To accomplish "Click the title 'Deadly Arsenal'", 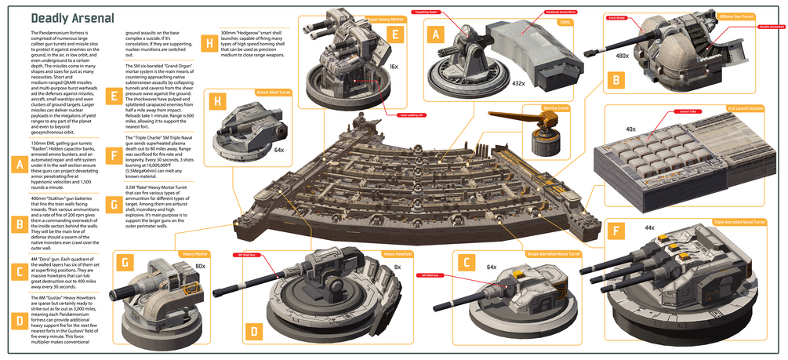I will pos(71,17).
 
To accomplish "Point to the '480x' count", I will pos(623,56).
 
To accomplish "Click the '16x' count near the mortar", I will pos(394,68).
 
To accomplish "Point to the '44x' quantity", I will pos(649,227).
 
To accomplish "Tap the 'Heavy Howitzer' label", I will pos(398,253).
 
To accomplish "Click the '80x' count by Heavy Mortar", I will pos(200,266).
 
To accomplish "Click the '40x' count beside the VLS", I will pos(630,129).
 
